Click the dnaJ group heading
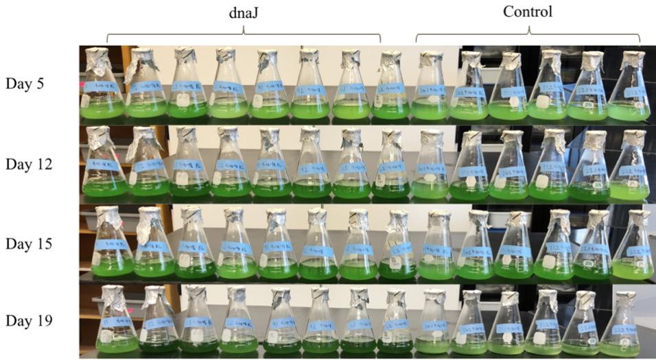pos(243,12)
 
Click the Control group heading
pos(527,12)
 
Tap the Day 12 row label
pos(28,164)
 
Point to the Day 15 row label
pos(28,243)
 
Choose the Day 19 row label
pos(28,320)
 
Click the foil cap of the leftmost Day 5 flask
pos(97,59)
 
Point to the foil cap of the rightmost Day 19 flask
pos(624,300)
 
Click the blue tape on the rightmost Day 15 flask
pos(635,250)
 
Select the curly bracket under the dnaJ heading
pos(243,34)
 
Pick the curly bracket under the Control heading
pos(528,34)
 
